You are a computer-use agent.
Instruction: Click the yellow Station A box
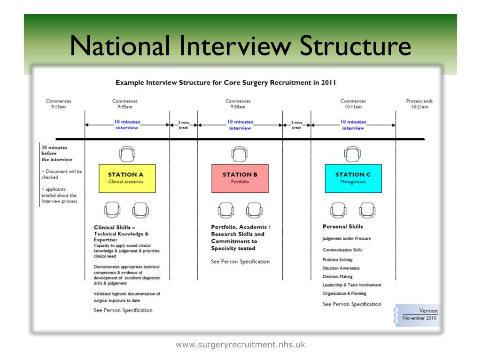click(126, 178)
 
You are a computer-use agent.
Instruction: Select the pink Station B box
click(240, 178)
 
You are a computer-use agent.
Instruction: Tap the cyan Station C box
click(353, 178)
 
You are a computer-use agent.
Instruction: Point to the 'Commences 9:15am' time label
click(58, 103)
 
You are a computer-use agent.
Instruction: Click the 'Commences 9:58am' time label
click(238, 103)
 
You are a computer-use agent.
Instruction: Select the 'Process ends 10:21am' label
click(419, 103)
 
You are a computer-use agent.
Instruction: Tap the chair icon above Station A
click(126, 153)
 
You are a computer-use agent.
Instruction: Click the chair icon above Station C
click(353, 153)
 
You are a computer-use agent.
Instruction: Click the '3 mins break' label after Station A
click(183, 125)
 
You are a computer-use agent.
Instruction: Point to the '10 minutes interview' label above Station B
click(240, 125)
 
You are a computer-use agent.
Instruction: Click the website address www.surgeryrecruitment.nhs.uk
click(240, 345)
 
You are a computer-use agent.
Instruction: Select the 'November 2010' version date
click(420, 318)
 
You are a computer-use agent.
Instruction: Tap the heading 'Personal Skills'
click(343, 227)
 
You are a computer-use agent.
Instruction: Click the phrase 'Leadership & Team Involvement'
click(352, 285)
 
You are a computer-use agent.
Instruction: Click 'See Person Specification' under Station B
click(240, 262)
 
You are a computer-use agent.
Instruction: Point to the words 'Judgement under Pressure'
click(346, 238)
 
